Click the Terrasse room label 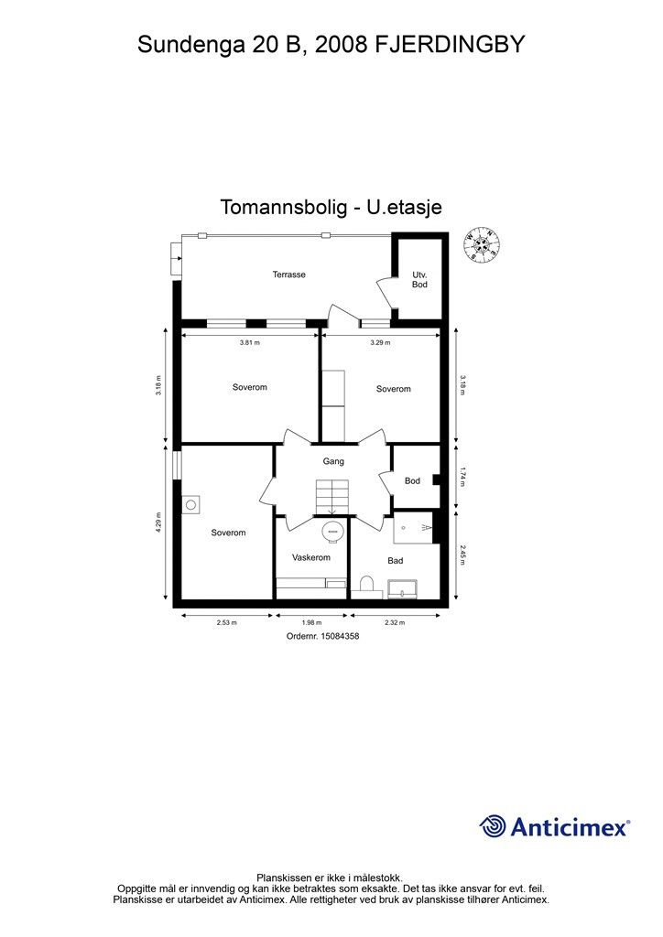point(288,275)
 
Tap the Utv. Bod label point(419,280)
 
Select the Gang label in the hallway point(333,462)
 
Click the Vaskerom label point(310,557)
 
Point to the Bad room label point(396,561)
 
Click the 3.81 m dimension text point(249,343)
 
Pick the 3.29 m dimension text point(380,343)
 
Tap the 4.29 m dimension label point(158,522)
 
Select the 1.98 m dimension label point(310,622)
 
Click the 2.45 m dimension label point(462,554)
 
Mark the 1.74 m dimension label point(462,479)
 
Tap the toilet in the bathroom point(366,587)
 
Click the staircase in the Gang point(331,497)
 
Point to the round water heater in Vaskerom point(333,531)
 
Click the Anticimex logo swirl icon point(493,826)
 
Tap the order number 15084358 point(340,637)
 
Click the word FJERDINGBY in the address point(450,44)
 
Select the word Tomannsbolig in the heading point(283,208)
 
